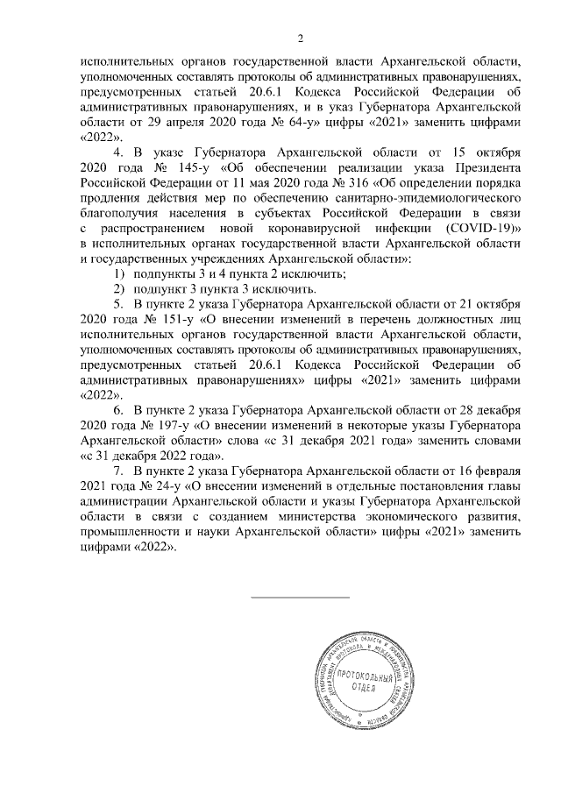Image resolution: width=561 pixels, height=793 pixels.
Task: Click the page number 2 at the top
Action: (x=300, y=38)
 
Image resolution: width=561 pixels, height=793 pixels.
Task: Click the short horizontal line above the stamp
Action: (x=300, y=597)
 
